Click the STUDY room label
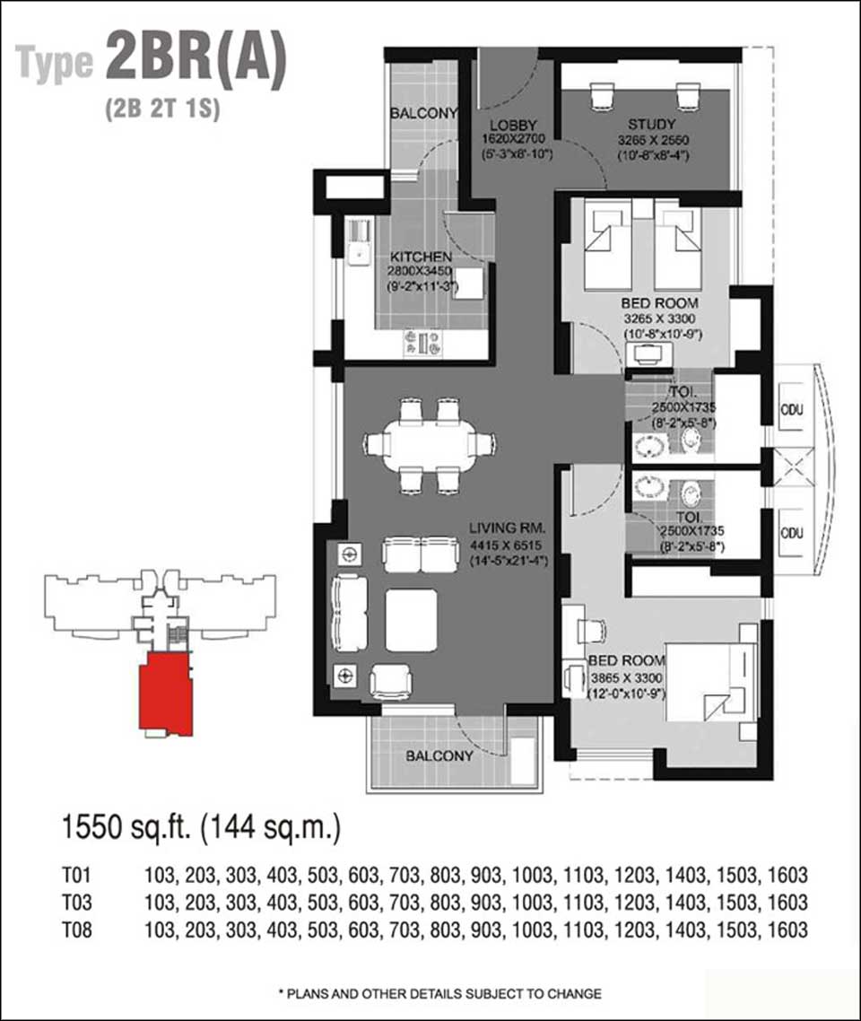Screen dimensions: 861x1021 651,124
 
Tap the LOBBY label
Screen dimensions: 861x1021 514,125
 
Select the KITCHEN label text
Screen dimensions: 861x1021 421,257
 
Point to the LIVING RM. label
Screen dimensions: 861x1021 508,528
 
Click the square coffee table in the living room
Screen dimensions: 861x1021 411,620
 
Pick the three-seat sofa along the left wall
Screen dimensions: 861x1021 350,612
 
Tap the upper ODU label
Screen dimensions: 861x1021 791,410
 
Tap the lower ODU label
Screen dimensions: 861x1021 791,533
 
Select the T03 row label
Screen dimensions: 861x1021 77,903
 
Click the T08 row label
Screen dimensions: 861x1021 77,929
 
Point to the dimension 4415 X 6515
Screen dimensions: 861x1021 508,545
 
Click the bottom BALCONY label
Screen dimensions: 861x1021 439,756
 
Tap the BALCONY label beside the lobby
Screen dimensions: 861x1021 423,113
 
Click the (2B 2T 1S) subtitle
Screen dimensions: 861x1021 162,108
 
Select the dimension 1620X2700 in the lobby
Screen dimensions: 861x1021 514,139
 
